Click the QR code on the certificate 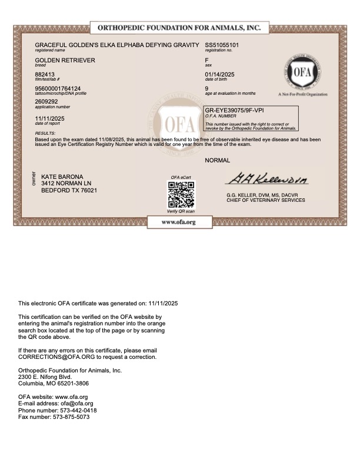pyautogui.click(x=181, y=194)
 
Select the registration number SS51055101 pyautogui.click(x=222, y=45)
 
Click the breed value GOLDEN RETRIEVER pyautogui.click(x=65, y=60)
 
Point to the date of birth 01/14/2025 pyautogui.click(x=219, y=74)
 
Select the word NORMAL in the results pyautogui.click(x=217, y=160)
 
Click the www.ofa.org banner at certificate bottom pyautogui.click(x=179, y=222)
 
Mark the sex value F pyautogui.click(x=206, y=60)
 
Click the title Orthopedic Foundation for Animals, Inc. pyautogui.click(x=178, y=28)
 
